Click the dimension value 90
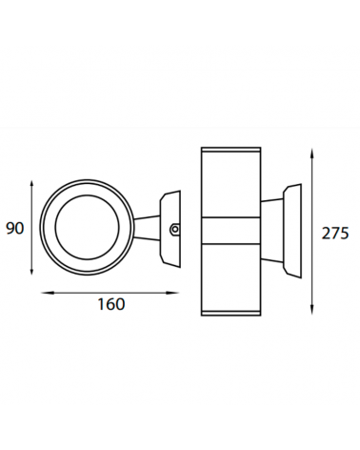15,228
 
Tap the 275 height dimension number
336,233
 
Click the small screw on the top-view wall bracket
173,228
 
